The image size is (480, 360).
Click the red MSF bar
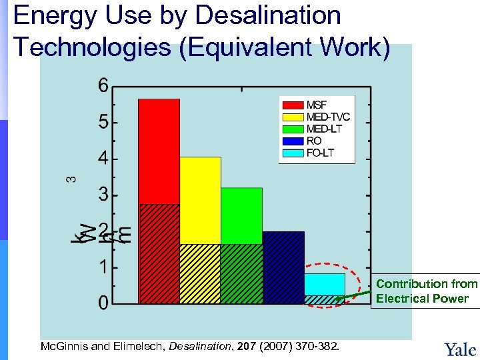tap(159, 200)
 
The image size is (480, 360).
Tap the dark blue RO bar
tap(283, 267)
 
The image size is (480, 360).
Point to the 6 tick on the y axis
tap(103, 86)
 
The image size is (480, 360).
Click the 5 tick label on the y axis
tap(103, 123)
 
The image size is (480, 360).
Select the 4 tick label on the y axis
tap(103, 159)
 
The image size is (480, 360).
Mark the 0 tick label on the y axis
tap(103, 304)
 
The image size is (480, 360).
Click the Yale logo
tap(460, 349)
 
